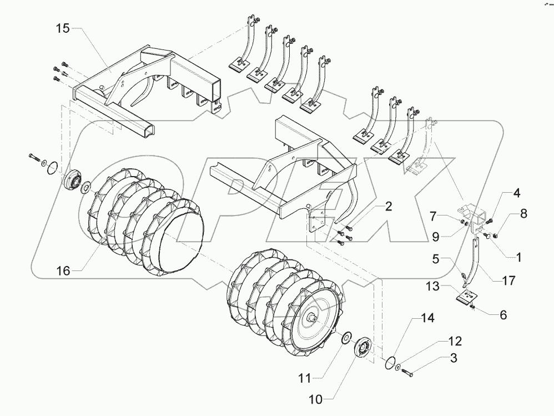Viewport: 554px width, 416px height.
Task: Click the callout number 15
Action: (x=62, y=29)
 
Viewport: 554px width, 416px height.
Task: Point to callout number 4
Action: (x=516, y=194)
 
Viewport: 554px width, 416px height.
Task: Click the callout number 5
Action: (x=438, y=258)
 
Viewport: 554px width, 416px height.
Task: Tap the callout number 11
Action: (x=305, y=379)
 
